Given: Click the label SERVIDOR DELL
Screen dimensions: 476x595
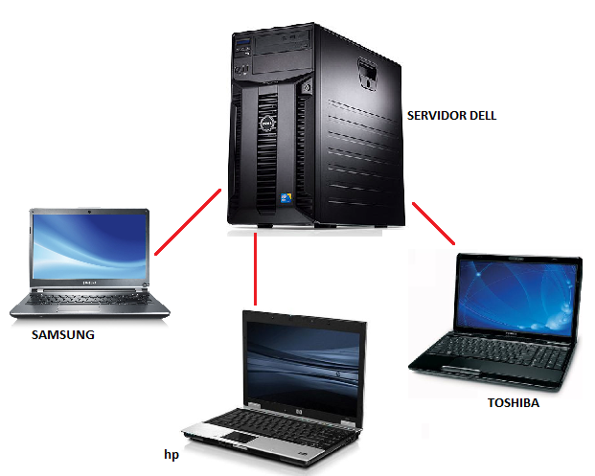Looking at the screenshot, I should pyautogui.click(x=451, y=116).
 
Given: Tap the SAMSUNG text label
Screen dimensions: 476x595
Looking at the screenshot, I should pyautogui.click(x=63, y=335).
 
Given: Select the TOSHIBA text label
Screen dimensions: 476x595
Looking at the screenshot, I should pyautogui.click(x=513, y=403).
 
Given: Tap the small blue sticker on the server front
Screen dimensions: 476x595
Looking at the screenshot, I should pyautogui.click(x=284, y=199).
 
